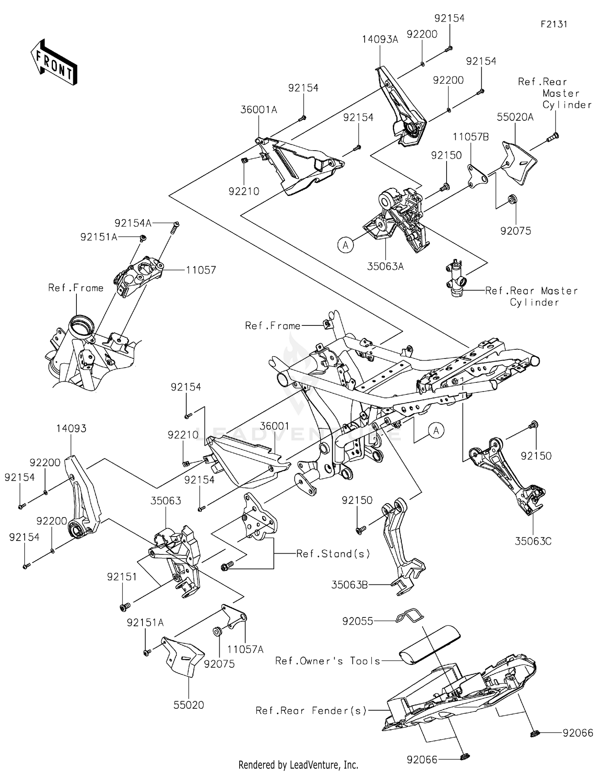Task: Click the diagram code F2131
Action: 554,24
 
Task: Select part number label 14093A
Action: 380,39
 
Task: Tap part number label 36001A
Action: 258,110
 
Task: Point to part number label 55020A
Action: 515,117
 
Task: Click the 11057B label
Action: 470,137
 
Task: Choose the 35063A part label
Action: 385,266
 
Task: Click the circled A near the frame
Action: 436,431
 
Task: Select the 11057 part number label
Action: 201,270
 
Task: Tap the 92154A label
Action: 133,223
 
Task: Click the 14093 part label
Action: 71,429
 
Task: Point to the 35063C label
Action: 533,541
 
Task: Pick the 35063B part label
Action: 349,585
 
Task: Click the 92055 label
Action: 358,621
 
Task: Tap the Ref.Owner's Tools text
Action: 328,661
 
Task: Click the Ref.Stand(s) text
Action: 333,554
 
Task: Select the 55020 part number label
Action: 189,705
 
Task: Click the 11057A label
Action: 245,650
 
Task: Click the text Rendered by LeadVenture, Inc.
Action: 298,765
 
